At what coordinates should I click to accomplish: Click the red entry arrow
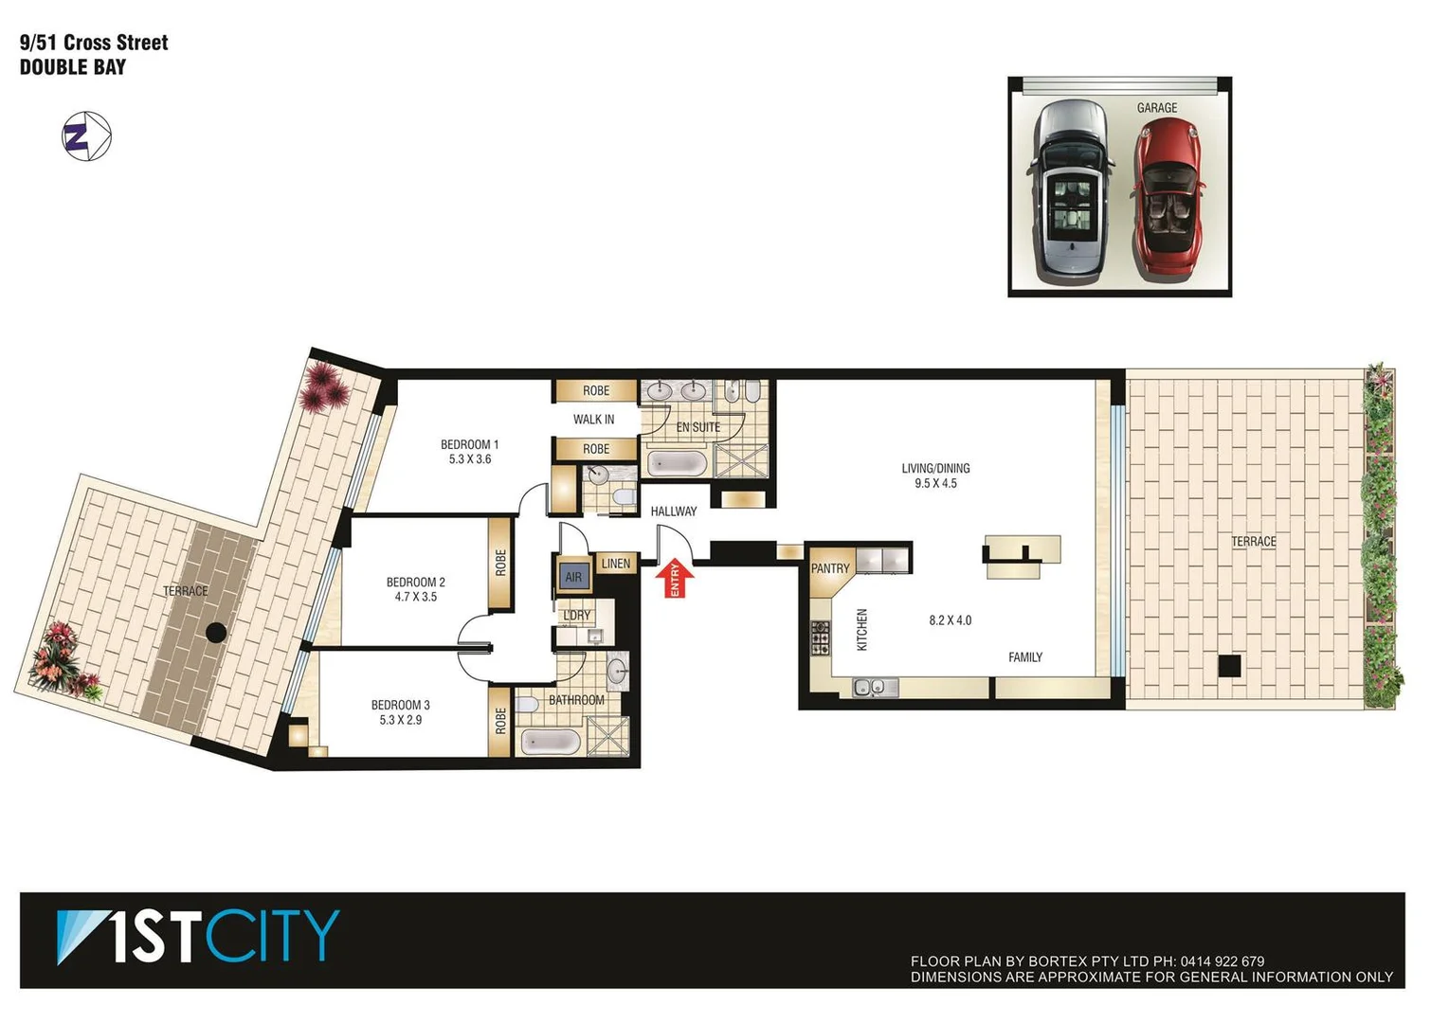tap(675, 578)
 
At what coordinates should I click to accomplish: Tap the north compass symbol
tap(86, 136)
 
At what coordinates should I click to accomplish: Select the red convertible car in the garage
tap(1168, 199)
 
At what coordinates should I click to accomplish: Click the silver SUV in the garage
tap(1071, 194)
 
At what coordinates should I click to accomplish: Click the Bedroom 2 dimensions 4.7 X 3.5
tap(416, 597)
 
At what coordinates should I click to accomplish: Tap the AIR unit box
tap(573, 577)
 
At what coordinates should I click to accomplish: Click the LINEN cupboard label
tap(615, 564)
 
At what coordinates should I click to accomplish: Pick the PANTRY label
tap(830, 568)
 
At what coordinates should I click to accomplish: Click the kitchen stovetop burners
tap(820, 637)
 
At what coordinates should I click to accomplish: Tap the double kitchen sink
tap(875, 688)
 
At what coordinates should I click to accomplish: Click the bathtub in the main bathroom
tap(550, 742)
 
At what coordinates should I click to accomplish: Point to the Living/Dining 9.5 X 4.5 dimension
tap(935, 483)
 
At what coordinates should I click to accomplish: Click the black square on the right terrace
tap(1229, 666)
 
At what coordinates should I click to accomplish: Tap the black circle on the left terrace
tap(216, 633)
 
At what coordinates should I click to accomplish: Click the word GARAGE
tap(1157, 108)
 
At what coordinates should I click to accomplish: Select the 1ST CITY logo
tap(198, 937)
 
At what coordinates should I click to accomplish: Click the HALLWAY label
tap(674, 511)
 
